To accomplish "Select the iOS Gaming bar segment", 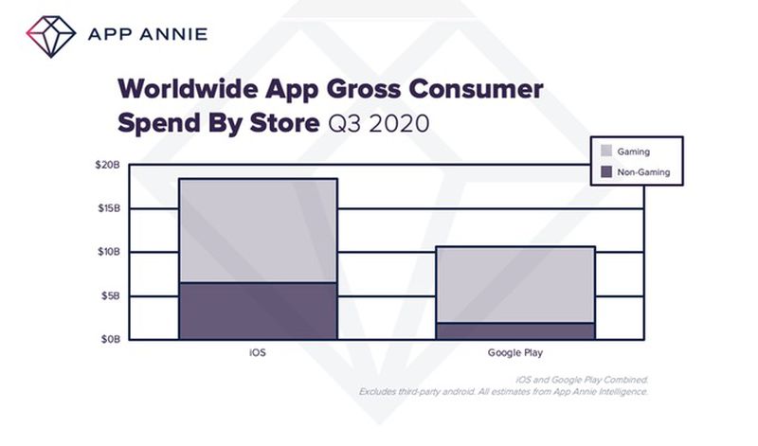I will click(x=257, y=230).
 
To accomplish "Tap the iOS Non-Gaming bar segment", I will click(x=257, y=311).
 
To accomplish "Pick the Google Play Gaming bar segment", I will click(x=514, y=284).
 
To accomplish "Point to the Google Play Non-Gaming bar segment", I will click(x=514, y=330).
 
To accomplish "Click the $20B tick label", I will click(x=107, y=165).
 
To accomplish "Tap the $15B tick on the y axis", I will click(x=107, y=208).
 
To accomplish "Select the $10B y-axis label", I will click(x=107, y=252).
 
